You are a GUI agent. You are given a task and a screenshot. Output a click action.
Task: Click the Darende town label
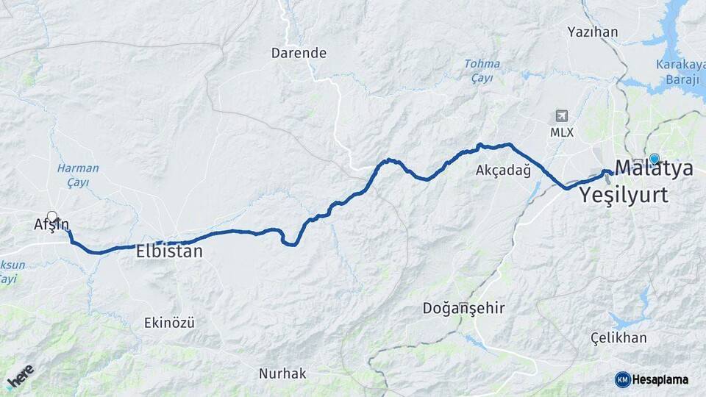click(299, 53)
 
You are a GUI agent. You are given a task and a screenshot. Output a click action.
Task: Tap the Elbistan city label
click(169, 251)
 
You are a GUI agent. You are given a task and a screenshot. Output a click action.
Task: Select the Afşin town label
click(51, 226)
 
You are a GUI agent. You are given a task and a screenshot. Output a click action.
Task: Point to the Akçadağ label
click(503, 171)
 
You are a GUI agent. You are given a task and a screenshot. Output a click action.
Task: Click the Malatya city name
click(654, 168)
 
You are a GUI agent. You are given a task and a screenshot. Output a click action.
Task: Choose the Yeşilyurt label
click(624, 195)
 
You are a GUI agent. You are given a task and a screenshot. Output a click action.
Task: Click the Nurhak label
click(282, 373)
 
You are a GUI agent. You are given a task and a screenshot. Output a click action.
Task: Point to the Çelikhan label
click(618, 338)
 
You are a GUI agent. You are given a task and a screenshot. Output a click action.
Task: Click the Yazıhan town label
click(593, 32)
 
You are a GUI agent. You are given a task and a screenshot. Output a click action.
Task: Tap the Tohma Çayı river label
click(482, 71)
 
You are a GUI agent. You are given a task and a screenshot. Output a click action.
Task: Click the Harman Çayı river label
click(78, 175)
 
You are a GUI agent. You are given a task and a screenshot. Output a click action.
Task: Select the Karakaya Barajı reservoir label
click(680, 71)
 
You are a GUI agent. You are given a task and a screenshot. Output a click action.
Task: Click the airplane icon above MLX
click(562, 116)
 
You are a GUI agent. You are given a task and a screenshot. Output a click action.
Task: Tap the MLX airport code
click(562, 132)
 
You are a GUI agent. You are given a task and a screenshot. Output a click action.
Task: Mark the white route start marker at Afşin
click(52, 217)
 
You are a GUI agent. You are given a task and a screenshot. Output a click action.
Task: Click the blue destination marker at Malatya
click(654, 158)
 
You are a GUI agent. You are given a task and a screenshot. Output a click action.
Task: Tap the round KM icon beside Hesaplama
click(622, 379)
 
